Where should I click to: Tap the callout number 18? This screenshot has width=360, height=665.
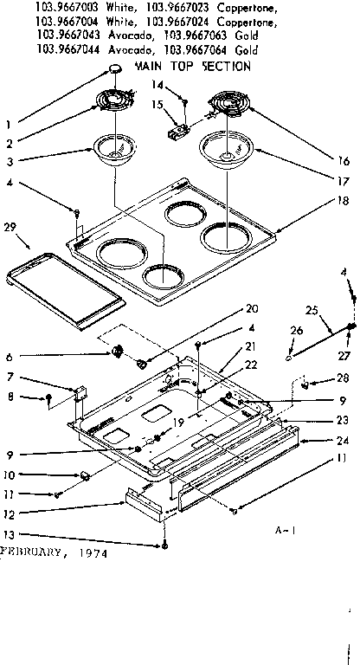coord(344,201)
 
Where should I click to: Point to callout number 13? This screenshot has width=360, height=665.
coord(9,534)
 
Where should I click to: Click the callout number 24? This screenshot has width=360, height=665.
coord(344,440)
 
